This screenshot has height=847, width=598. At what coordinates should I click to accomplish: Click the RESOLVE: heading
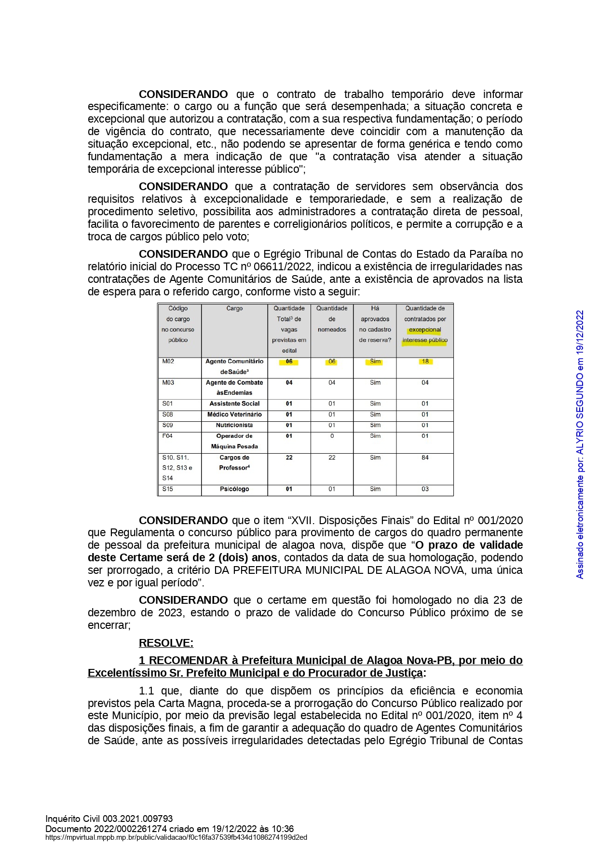(x=166, y=643)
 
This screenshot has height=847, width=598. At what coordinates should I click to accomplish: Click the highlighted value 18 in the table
(x=425, y=361)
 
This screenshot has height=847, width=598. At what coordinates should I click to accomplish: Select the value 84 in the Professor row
(x=425, y=458)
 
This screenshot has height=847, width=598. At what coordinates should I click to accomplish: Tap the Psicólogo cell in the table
(x=234, y=489)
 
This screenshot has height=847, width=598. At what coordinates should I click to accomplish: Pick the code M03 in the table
(x=168, y=383)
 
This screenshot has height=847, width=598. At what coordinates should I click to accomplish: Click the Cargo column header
(x=234, y=308)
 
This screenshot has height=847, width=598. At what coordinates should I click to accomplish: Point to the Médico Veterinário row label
(x=234, y=415)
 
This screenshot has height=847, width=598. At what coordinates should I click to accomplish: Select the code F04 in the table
(x=167, y=436)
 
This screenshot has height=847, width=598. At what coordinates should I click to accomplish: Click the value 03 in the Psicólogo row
(x=425, y=489)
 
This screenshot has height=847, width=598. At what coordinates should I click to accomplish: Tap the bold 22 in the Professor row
(x=289, y=458)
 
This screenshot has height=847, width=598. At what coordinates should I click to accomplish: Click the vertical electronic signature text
(x=580, y=444)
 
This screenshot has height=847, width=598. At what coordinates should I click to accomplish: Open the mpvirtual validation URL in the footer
(x=176, y=837)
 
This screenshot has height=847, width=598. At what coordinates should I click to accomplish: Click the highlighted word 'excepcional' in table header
(x=425, y=330)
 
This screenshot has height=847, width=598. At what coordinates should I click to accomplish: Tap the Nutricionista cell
(x=234, y=425)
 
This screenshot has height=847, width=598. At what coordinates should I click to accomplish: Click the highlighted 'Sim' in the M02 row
(x=375, y=361)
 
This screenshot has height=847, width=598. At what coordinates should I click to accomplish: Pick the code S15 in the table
(x=167, y=489)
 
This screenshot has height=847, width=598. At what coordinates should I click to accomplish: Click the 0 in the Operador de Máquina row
(x=332, y=436)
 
